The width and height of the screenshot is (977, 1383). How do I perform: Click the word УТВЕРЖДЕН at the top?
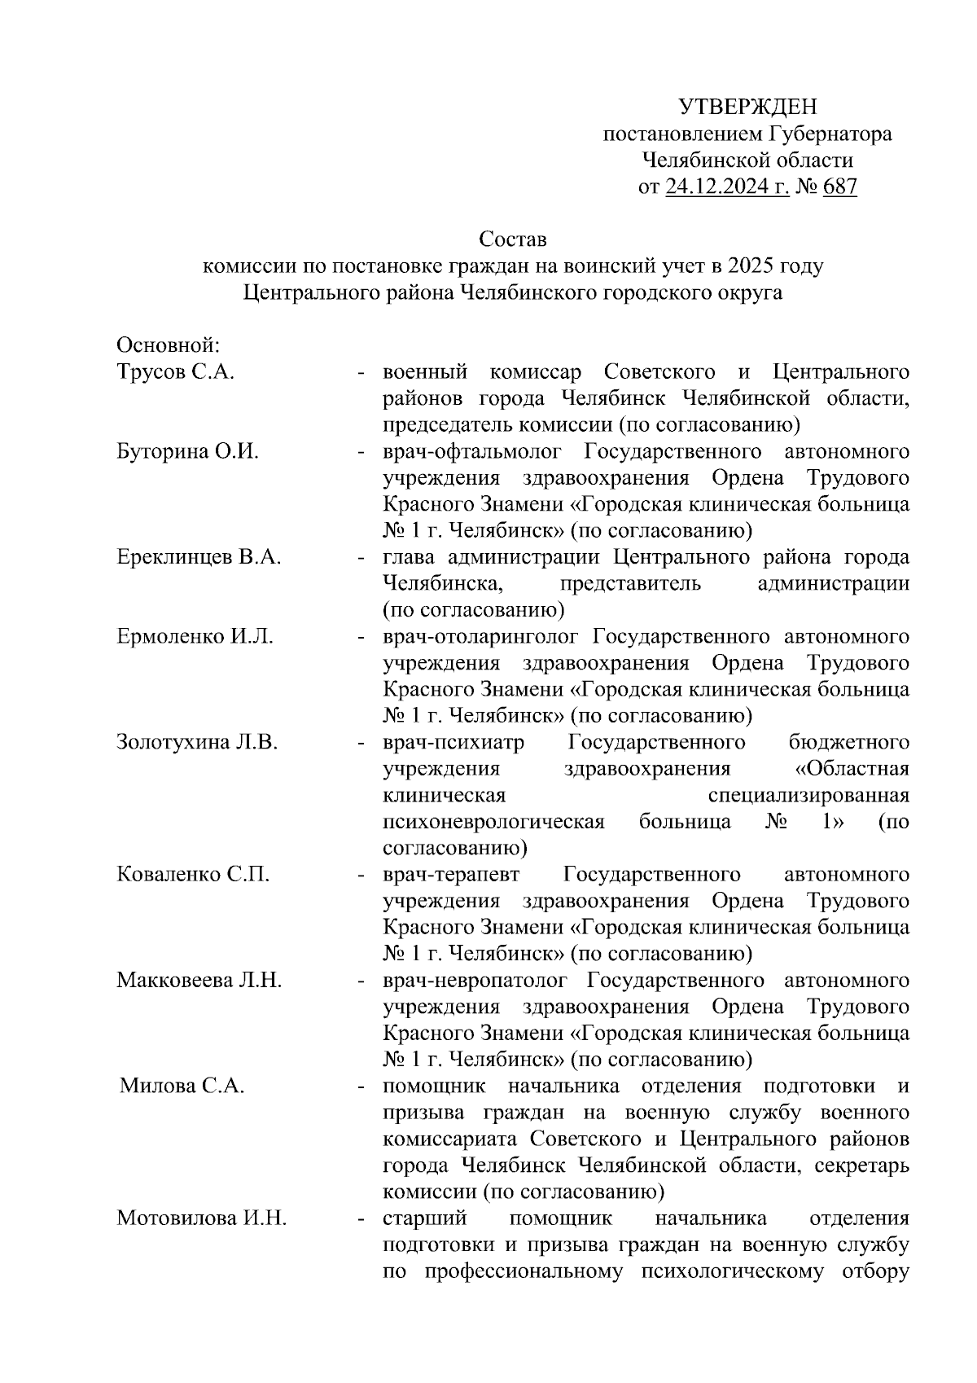point(747,108)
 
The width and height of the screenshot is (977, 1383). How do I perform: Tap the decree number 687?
point(840,187)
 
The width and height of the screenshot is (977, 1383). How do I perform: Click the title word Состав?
point(513,240)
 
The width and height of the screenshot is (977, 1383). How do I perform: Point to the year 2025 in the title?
point(754,266)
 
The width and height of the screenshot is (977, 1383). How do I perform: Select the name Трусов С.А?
point(176,372)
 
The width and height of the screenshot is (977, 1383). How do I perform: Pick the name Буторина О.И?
point(187,451)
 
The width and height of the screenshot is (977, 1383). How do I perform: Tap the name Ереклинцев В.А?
point(199,557)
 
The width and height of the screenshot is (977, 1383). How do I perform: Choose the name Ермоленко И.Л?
point(195,636)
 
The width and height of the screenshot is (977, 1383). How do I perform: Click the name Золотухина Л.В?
point(198,742)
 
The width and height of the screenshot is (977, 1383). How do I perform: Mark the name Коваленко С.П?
point(193,875)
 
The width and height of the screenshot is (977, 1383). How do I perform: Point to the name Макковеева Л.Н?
point(199,980)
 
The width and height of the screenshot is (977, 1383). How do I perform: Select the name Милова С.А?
point(182,1086)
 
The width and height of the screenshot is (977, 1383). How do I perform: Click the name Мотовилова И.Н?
point(201,1218)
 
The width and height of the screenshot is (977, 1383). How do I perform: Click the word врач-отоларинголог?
point(480,636)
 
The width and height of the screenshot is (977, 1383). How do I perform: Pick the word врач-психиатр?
point(453,742)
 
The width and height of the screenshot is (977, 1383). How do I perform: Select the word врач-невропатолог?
point(477,980)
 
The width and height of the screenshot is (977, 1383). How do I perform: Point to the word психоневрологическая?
point(493,821)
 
